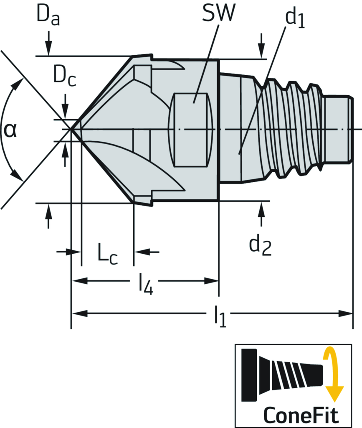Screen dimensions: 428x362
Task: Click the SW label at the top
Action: pyautogui.click(x=218, y=14)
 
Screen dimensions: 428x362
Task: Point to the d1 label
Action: pyautogui.click(x=294, y=19)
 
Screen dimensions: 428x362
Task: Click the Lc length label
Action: pyautogui.click(x=107, y=255)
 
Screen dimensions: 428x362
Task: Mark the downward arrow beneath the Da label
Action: pyautogui.click(x=49, y=48)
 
